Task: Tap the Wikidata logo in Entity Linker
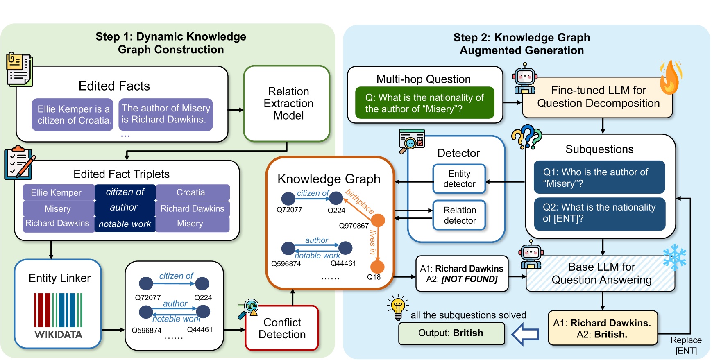[58, 316]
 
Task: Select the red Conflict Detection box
[282, 328]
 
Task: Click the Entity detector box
[459, 179]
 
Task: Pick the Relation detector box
[459, 215]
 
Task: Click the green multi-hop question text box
[424, 103]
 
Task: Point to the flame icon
[670, 78]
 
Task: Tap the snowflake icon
[674, 257]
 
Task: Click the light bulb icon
[397, 308]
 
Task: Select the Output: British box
[451, 333]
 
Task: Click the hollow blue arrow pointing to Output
[526, 334]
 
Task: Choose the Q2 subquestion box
[599, 213]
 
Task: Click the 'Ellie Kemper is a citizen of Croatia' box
[73, 115]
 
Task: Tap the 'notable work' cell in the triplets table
[125, 224]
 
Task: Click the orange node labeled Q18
[377, 267]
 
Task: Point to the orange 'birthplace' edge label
[360, 201]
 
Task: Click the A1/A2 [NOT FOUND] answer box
[462, 274]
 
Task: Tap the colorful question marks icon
[526, 137]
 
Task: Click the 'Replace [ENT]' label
[686, 345]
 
